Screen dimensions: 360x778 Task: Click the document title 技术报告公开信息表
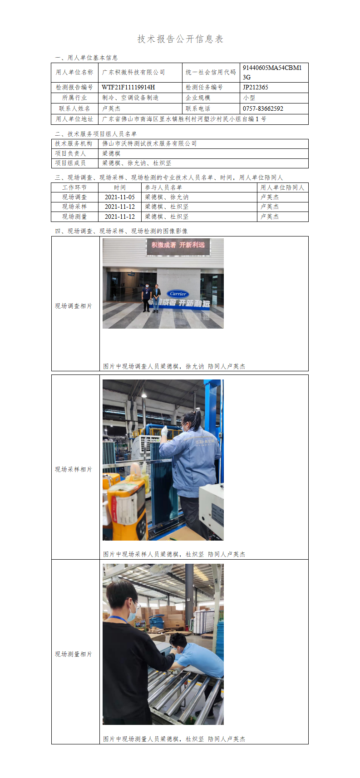point(180,39)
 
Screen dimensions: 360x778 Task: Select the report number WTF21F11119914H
point(128,87)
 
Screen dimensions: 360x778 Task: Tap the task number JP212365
point(256,87)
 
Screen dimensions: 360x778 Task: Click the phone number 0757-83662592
point(263,108)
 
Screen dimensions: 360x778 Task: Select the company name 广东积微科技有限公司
point(133,72)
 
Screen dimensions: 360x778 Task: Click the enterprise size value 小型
point(249,98)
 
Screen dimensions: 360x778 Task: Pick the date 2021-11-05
point(119,197)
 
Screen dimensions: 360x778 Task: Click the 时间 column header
point(119,187)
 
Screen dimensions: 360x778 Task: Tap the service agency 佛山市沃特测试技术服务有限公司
point(149,143)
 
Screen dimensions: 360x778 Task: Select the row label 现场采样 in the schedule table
point(74,207)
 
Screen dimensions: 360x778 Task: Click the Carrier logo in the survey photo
point(178,294)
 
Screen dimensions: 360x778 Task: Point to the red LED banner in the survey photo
point(178,246)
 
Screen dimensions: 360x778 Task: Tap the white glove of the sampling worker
point(164,430)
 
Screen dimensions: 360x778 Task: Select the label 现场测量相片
point(74,654)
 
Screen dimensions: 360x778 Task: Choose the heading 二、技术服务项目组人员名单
point(95,134)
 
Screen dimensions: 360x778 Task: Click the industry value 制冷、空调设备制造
point(130,98)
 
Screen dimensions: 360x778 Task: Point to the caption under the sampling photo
point(174,554)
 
